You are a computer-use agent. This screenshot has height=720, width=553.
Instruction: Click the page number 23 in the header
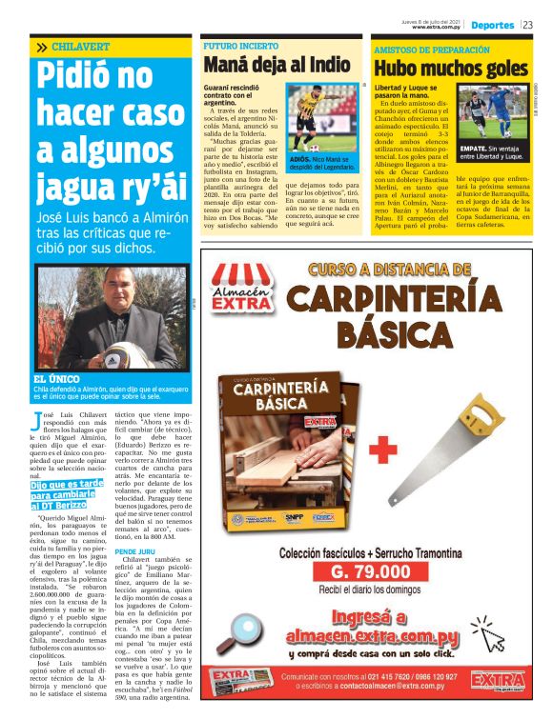pyautogui.click(x=527, y=25)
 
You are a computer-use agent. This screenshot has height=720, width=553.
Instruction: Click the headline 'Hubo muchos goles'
pyautogui.click(x=450, y=68)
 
